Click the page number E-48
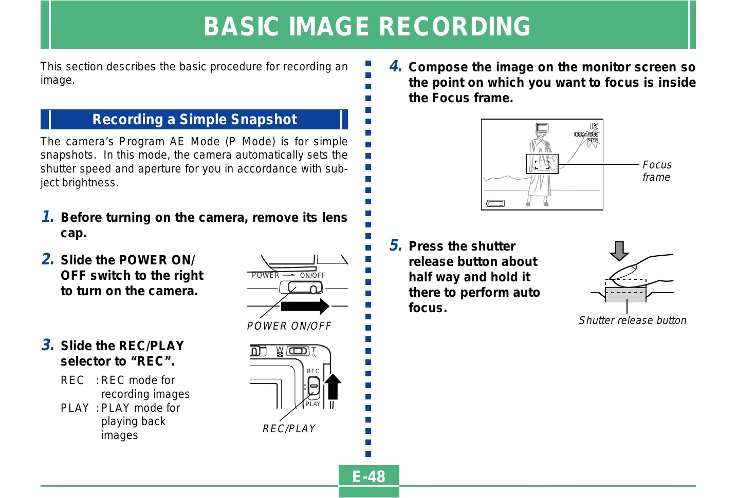368,476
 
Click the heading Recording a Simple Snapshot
194,119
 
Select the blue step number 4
395,66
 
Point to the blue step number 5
395,245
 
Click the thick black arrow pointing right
305,307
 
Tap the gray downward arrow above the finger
619,251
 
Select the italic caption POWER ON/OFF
289,326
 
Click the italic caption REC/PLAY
289,428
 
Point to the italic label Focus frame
657,171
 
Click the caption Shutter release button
633,320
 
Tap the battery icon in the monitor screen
495,203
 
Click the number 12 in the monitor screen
594,126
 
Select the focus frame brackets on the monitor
542,164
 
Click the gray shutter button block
625,294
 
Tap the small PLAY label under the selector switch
312,404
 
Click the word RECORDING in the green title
455,26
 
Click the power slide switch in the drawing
301,288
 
